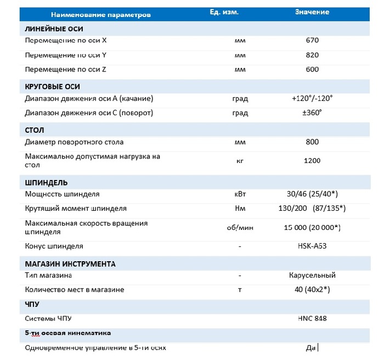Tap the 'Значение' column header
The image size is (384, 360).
click(x=312, y=12)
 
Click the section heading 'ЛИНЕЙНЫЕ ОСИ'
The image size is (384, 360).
click(x=54, y=29)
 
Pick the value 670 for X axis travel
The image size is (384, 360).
click(x=312, y=40)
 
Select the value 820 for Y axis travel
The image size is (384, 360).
click(x=312, y=55)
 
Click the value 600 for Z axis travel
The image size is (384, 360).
click(x=312, y=70)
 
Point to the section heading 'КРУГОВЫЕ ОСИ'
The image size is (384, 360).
click(x=53, y=87)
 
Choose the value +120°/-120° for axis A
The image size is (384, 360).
click(x=312, y=98)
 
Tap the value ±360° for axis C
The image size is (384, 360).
click(x=312, y=113)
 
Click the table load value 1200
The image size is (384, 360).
click(x=312, y=160)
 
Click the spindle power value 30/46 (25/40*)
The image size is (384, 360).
click(x=312, y=194)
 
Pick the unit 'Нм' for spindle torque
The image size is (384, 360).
click(x=239, y=209)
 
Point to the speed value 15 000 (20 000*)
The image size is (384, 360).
click(x=312, y=227)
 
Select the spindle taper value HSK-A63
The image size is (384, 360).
click(x=312, y=246)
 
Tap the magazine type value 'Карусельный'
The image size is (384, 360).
click(x=312, y=275)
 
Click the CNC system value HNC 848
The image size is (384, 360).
click(x=312, y=318)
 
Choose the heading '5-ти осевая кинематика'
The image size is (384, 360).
click(x=68, y=333)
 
